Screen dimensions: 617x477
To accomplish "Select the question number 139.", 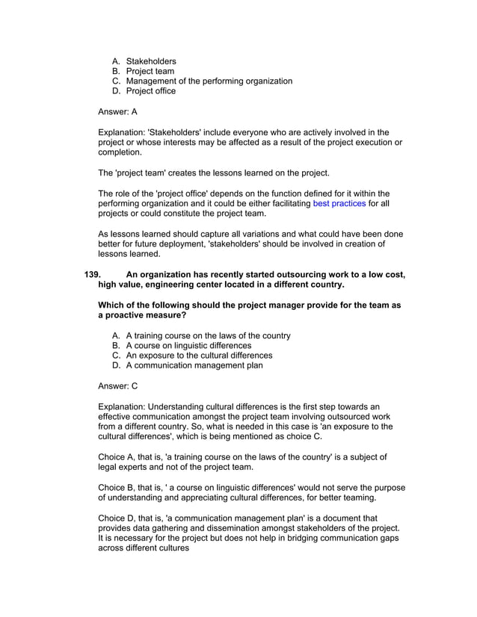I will [92, 274].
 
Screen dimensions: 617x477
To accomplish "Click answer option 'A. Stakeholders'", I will [144, 61].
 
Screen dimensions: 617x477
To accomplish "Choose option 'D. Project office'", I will [144, 91].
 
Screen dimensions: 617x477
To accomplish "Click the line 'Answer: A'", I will [117, 112].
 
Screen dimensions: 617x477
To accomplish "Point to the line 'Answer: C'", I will [117, 386].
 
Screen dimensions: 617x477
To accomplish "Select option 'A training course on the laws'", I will [201, 335].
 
